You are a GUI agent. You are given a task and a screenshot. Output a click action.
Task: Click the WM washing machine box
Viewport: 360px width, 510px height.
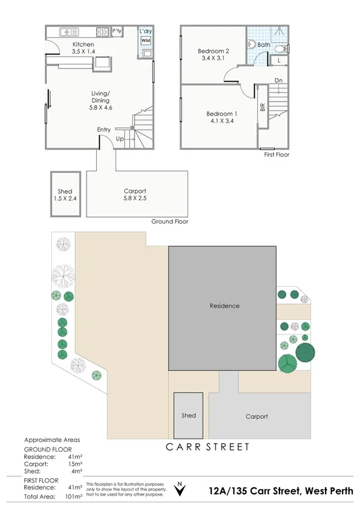tap(145, 40)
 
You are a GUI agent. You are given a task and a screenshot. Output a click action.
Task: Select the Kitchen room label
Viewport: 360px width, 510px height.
tap(83, 45)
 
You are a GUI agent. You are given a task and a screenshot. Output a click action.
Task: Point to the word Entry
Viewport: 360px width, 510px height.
tap(103, 129)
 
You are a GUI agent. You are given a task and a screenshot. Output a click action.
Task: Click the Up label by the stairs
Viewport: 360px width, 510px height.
tap(120, 138)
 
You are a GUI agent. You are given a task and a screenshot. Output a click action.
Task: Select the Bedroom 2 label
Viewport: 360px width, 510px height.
tap(213, 51)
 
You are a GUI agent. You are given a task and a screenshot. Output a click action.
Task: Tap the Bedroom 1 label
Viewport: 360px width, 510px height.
tap(222, 114)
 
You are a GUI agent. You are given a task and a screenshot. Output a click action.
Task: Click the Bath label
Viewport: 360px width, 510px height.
tap(264, 45)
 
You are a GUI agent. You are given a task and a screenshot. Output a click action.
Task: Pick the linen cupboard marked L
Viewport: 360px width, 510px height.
tap(279, 60)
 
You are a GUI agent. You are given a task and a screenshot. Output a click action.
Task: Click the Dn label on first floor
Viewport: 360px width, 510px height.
tap(278, 80)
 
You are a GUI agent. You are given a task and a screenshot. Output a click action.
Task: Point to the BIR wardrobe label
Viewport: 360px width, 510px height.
tap(262, 108)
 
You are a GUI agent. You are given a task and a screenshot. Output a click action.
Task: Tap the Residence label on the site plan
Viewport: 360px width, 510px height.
tap(224, 306)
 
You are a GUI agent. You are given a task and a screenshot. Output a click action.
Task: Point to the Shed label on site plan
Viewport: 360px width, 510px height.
tap(189, 416)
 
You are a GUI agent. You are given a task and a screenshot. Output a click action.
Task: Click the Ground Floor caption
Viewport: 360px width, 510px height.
tap(169, 221)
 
